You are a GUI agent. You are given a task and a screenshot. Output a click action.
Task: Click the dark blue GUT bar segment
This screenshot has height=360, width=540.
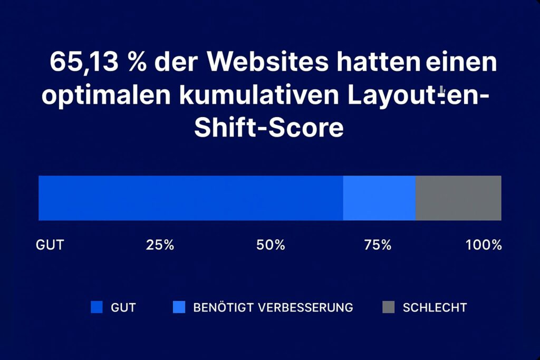[190, 198]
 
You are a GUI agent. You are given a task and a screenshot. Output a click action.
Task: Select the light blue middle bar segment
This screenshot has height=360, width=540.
[379, 198]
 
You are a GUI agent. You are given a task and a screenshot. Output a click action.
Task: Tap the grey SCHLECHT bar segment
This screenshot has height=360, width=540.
[458, 198]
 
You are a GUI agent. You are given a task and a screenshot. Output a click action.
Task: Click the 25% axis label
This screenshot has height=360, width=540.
[159, 245]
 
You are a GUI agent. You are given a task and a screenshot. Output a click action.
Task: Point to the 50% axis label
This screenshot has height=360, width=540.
[271, 245]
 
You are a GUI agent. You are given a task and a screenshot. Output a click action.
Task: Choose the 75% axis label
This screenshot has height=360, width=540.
[378, 245]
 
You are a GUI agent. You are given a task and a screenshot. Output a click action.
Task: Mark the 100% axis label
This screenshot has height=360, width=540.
[484, 245]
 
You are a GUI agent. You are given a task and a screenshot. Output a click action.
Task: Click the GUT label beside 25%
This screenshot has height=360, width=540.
[50, 245]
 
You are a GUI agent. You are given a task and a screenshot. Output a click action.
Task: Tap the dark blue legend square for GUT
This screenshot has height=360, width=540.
[97, 307]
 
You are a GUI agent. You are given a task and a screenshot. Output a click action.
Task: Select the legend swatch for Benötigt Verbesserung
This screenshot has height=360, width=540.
[179, 307]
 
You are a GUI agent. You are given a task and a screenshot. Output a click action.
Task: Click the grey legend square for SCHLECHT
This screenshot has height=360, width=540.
[388, 307]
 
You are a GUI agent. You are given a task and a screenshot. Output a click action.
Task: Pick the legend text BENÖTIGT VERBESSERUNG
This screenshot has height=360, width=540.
[273, 307]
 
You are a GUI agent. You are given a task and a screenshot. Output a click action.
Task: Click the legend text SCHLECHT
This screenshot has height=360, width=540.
[435, 307]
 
